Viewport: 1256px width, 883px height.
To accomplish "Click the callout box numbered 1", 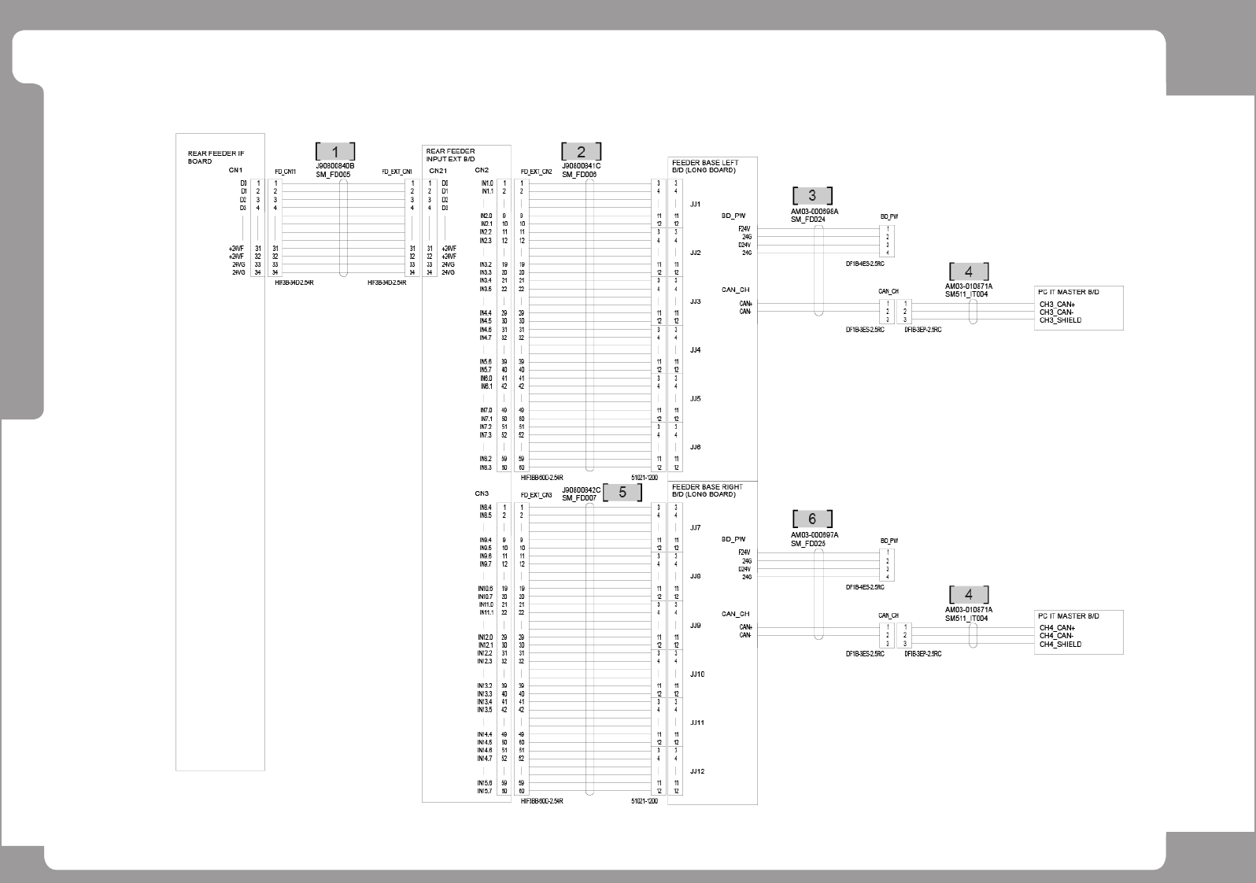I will click(x=335, y=152).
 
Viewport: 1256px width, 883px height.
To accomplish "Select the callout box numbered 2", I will click(x=581, y=152).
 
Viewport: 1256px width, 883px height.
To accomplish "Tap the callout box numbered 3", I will click(x=812, y=195).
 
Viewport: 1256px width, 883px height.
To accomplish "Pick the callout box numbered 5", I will click(x=622, y=492).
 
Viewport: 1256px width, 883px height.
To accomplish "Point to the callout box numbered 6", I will click(x=812, y=519).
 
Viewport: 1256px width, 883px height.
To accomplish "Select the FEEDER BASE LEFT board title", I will click(x=705, y=166).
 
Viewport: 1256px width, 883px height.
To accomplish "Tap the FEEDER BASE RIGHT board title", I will click(x=707, y=490).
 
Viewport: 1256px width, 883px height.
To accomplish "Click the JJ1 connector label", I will click(x=695, y=204).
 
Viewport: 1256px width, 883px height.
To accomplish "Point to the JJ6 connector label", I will click(x=695, y=447).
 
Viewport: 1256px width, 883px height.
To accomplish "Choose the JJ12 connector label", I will click(x=697, y=771).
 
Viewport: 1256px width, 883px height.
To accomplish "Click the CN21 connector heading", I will click(x=438, y=170).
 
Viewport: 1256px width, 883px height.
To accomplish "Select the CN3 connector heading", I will click(x=482, y=493).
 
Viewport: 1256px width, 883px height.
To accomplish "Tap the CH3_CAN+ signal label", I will click(x=1057, y=305).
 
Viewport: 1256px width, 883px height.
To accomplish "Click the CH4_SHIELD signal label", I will click(x=1060, y=645).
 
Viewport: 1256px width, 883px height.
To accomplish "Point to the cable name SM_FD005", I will click(x=334, y=174).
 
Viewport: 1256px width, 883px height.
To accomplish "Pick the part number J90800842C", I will click(x=581, y=490).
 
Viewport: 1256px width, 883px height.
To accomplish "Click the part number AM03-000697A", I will click(x=815, y=535).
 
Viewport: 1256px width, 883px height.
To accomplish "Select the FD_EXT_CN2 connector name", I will click(x=536, y=171).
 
